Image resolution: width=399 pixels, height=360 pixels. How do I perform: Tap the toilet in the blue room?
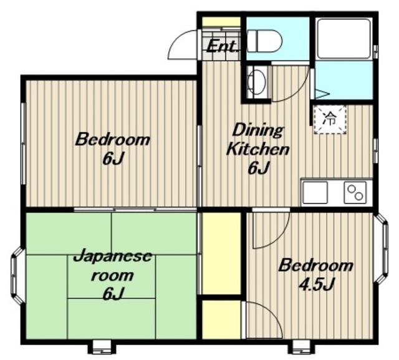[x=265, y=41]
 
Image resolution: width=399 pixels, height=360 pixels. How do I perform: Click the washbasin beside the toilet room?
[x=257, y=82]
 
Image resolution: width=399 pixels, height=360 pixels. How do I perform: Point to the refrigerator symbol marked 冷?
[x=330, y=119]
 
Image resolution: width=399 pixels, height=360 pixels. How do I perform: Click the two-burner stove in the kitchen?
[x=355, y=192]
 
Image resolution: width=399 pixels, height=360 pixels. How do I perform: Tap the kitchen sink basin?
[x=315, y=192]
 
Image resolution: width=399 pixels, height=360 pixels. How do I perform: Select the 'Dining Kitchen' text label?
[x=257, y=139]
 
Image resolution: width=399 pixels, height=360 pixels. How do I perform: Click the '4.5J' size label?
[x=316, y=284]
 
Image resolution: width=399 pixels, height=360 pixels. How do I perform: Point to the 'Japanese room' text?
[x=112, y=266]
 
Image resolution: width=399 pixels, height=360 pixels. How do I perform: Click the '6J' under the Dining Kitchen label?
[x=259, y=168]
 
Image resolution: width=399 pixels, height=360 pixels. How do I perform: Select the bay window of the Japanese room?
[x=18, y=276]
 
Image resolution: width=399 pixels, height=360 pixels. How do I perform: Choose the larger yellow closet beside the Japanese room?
[x=221, y=253]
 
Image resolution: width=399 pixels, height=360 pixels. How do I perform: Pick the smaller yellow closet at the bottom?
[x=221, y=319]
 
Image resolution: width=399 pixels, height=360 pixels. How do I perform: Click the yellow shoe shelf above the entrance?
[x=221, y=21]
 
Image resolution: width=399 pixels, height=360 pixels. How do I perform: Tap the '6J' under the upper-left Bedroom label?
[x=113, y=158]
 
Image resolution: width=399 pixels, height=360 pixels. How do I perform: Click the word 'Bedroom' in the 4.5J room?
[x=316, y=265]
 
